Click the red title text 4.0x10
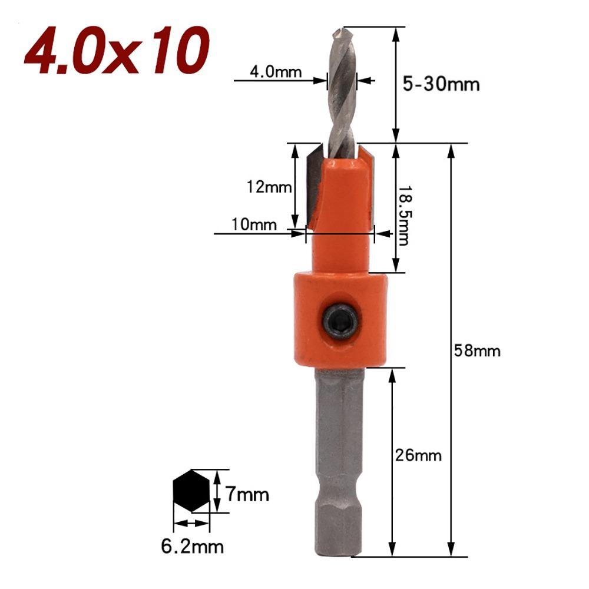pos(117,51)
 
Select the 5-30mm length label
pos(441,84)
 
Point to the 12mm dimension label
pos(269,187)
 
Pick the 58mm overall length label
pos(477,351)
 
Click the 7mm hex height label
pos(246,494)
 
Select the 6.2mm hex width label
pos(193,547)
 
